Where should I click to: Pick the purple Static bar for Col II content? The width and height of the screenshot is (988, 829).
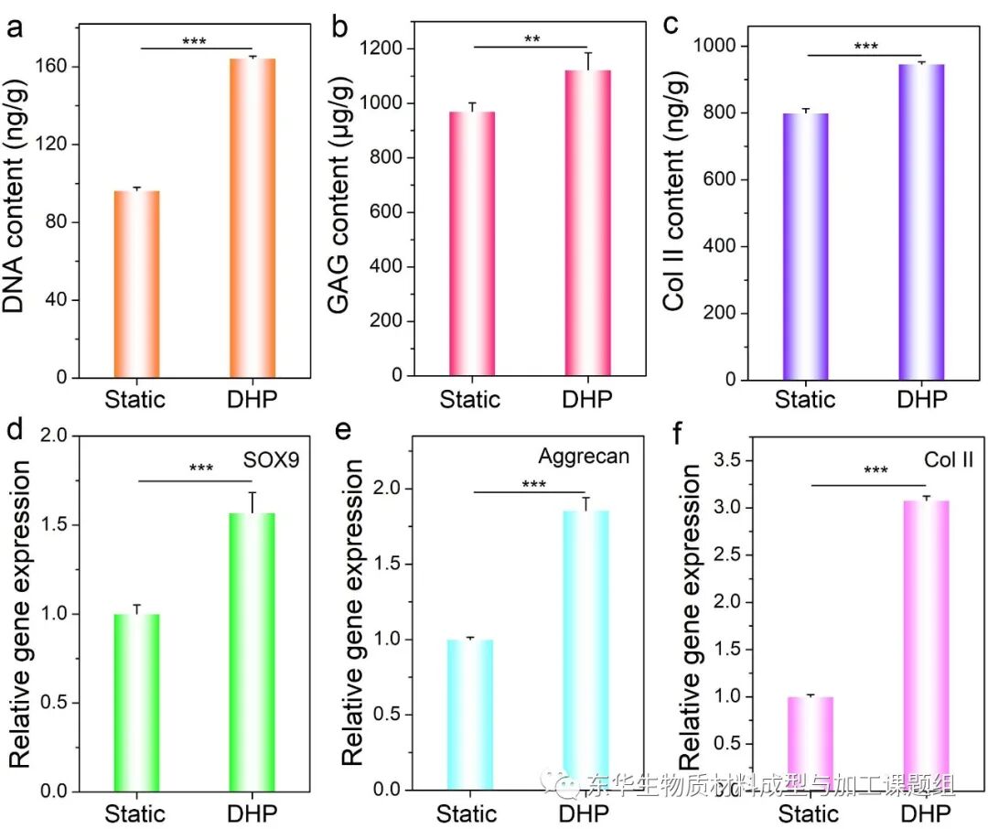click(806, 246)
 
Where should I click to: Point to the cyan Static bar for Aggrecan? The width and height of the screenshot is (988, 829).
click(471, 714)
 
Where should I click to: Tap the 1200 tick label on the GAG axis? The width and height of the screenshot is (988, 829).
click(382, 48)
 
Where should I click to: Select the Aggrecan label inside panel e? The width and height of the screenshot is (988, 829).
click(585, 456)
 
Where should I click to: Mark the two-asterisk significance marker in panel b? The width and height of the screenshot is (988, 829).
click(532, 39)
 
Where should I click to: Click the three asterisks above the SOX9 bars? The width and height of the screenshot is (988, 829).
click(201, 469)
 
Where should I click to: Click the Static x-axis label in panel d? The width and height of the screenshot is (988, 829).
click(134, 813)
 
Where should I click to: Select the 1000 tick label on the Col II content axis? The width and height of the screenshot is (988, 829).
click(718, 46)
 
